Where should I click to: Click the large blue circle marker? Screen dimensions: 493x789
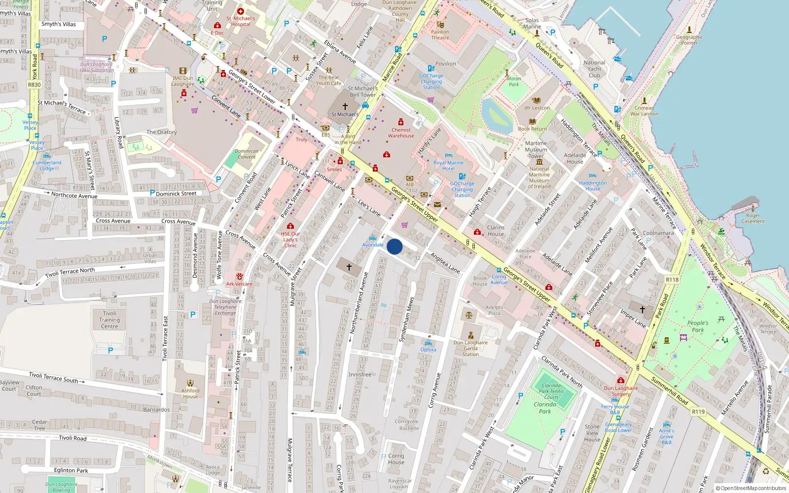click(x=394, y=246)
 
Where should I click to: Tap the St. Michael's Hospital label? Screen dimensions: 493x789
click(x=241, y=21)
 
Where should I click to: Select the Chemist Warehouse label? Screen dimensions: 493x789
click(x=401, y=133)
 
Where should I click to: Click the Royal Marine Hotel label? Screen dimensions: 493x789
click(x=448, y=166)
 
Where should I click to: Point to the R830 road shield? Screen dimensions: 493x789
click(x=35, y=85)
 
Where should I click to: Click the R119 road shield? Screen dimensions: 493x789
click(x=698, y=412)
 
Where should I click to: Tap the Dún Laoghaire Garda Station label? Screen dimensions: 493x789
click(x=470, y=348)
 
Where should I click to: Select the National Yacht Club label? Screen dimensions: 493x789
click(x=594, y=69)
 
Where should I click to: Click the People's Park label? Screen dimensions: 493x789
click(x=698, y=326)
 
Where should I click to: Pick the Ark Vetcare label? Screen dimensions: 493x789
click(x=239, y=284)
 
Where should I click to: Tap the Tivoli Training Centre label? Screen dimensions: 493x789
click(x=109, y=319)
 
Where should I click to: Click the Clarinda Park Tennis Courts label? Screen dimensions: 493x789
click(x=551, y=391)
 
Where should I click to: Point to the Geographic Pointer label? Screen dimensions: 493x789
click(x=689, y=40)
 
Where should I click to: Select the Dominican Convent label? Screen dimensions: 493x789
click(x=247, y=154)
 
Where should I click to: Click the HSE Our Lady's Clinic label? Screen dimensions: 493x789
click(x=290, y=240)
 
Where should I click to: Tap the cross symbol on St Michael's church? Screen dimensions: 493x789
click(x=345, y=106)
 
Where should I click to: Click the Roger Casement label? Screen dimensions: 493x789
click(x=753, y=218)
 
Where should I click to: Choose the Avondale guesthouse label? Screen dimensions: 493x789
click(x=373, y=245)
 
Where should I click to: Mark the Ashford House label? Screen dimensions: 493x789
click(x=190, y=393)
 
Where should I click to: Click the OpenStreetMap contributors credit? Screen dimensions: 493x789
click(x=751, y=489)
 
